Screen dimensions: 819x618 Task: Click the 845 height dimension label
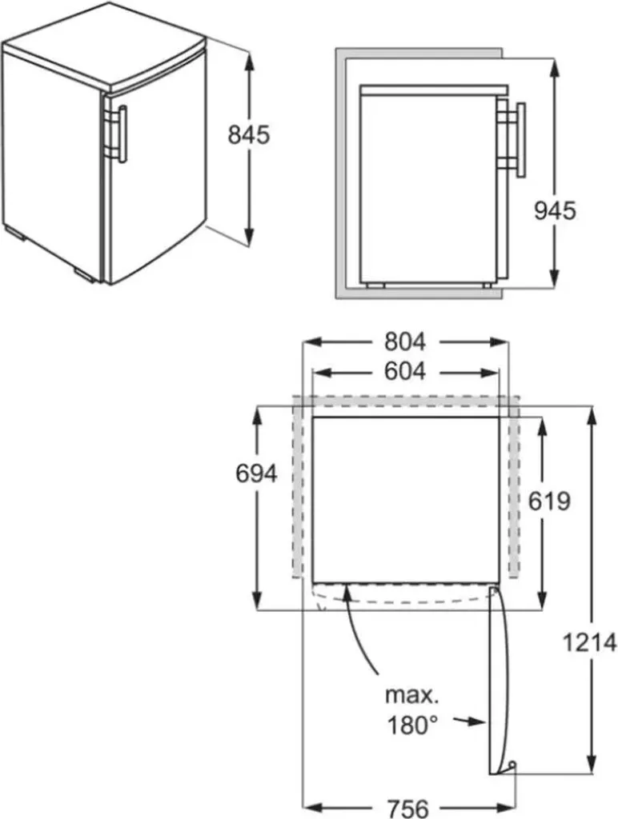tap(249, 135)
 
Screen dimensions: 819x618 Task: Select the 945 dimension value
tap(555, 210)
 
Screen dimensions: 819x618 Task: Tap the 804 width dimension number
tap(404, 342)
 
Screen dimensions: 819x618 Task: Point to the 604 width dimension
tap(404, 372)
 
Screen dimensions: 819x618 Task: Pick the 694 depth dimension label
tap(256, 473)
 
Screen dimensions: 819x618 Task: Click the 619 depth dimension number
tap(549, 501)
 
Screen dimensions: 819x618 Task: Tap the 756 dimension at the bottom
tap(405, 806)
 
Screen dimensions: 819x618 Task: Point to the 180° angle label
tap(413, 725)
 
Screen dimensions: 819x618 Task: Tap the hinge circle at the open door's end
tap(512, 766)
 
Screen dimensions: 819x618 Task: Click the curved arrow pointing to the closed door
tap(362, 632)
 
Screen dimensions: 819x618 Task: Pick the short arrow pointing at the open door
tap(468, 721)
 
